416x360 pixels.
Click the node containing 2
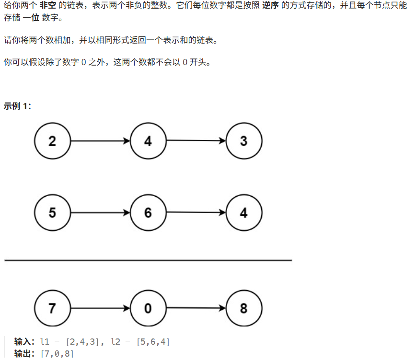click(52, 141)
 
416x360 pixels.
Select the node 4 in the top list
click(148, 141)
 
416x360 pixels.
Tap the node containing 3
click(244, 141)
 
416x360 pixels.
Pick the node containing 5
click(52, 213)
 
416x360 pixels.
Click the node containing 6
click(148, 213)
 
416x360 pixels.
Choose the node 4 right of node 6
click(244, 213)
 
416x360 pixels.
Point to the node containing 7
click(52, 308)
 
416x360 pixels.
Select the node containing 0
click(148, 308)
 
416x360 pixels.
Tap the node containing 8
click(244, 308)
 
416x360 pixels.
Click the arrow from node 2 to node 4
click(100, 141)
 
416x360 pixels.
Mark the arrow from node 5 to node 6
click(100, 213)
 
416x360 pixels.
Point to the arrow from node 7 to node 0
click(100, 308)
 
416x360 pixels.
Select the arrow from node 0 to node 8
click(196, 308)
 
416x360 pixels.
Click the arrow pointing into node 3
click(196, 141)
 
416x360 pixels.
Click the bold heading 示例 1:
click(17, 106)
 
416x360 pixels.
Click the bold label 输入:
click(24, 342)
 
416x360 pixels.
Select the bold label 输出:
click(24, 354)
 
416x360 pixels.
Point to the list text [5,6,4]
click(153, 342)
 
